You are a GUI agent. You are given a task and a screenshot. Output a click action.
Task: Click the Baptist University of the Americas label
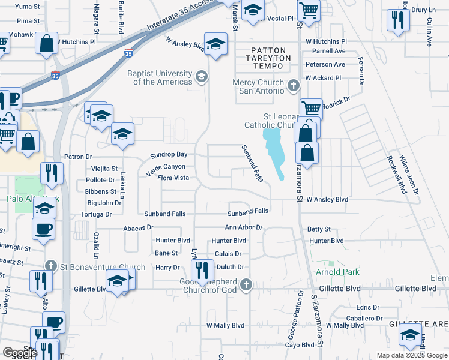159,77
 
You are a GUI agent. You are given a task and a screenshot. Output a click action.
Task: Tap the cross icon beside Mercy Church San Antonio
294,85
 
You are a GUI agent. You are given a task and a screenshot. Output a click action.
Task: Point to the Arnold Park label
337,272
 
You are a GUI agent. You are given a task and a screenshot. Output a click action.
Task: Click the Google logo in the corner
20,353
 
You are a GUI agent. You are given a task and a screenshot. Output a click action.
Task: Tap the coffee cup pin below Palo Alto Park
44,230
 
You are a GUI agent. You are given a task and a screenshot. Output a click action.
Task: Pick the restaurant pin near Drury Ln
397,21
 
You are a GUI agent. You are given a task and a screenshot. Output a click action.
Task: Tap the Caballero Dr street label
364,318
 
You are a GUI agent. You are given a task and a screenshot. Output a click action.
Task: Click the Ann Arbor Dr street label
244,227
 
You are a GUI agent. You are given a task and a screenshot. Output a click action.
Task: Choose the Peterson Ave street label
325,64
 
